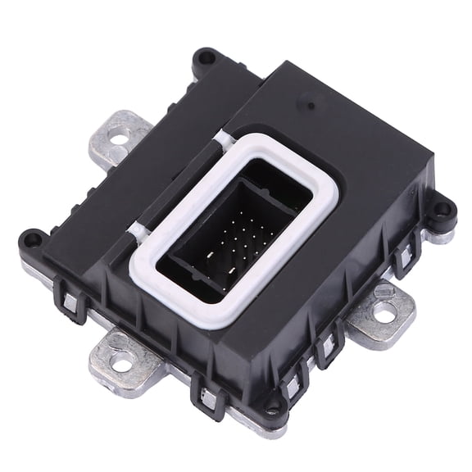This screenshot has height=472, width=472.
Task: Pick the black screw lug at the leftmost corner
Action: click(x=32, y=240)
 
